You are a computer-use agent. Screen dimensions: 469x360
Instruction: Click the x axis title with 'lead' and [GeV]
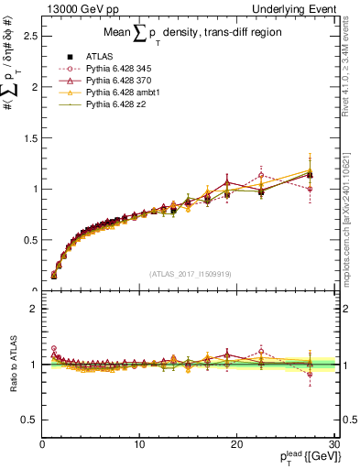(x=293, y=457)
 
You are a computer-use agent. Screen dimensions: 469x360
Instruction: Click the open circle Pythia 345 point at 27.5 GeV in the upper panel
(x=310, y=189)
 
